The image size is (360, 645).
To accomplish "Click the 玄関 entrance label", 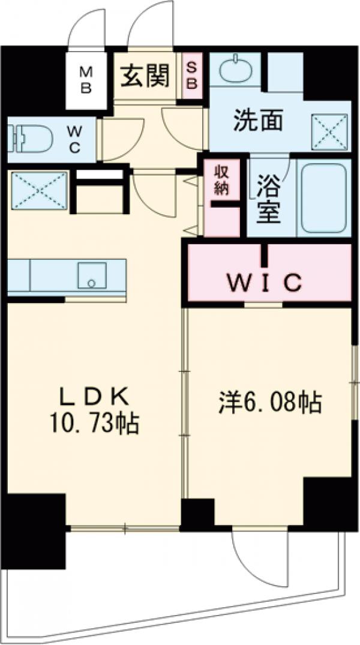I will [x=145, y=76].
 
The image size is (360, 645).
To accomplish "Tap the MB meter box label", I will [x=86, y=80].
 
